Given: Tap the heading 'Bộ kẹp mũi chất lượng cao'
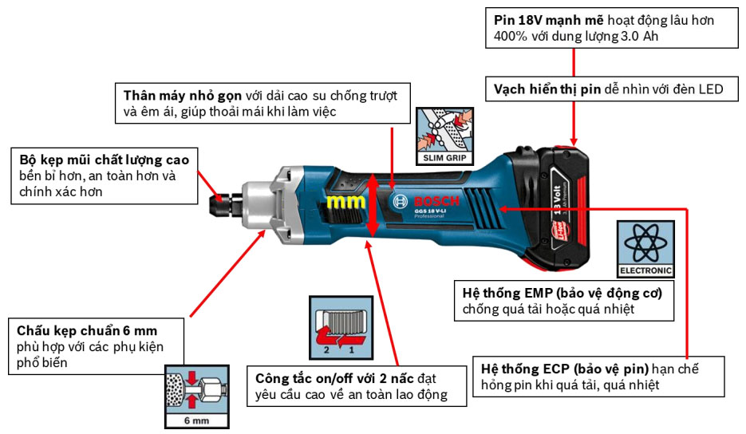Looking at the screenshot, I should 105,159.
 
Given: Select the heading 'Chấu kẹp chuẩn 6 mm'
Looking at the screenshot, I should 87,330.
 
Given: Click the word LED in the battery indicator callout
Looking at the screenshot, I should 707,89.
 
